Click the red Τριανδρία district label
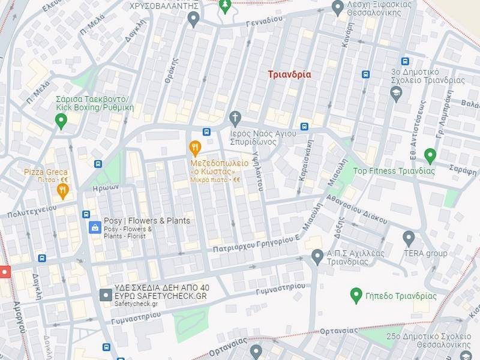pos(289,74)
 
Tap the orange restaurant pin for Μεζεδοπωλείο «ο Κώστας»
pos(194,148)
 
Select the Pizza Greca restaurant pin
pos(63,191)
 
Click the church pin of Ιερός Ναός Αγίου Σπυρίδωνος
pos(235,117)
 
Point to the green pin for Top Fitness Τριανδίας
pos(430,156)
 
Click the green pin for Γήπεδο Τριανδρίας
pos(356,295)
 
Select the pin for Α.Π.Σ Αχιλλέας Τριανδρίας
pos(317,257)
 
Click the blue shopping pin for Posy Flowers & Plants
pos(94,227)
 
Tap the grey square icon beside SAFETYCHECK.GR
pos(105,295)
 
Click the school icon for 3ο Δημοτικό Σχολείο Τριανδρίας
pos(395,93)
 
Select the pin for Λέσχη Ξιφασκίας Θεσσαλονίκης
pos(338,8)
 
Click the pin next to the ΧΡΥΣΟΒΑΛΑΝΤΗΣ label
pos(193,19)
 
